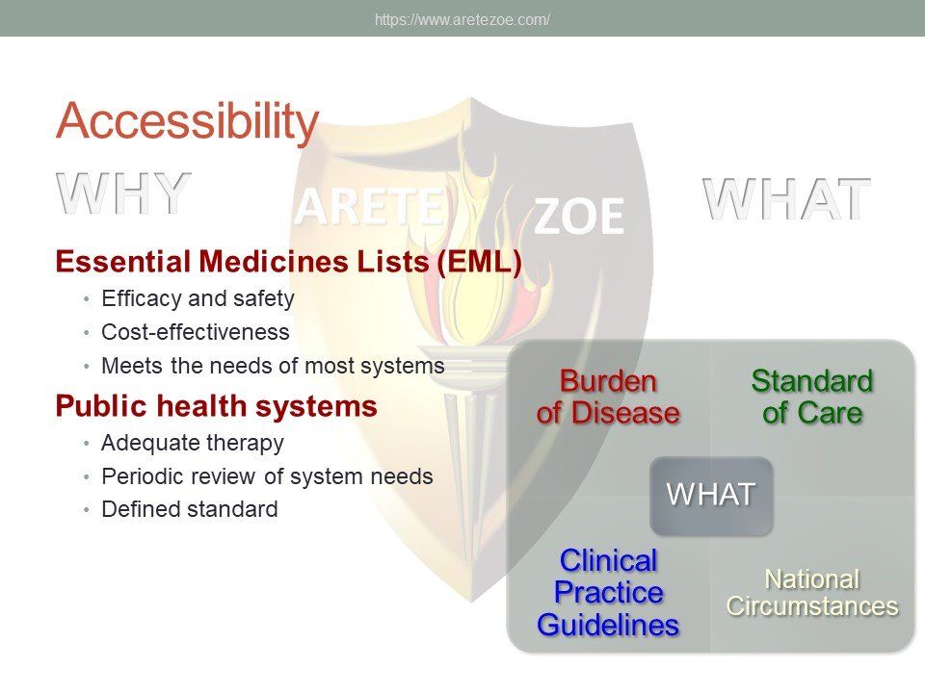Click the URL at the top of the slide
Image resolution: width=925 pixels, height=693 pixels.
click(x=462, y=20)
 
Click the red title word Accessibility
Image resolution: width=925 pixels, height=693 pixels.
click(x=188, y=121)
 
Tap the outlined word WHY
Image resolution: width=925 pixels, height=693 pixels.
click(x=124, y=193)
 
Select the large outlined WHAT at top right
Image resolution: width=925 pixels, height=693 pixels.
click(x=786, y=199)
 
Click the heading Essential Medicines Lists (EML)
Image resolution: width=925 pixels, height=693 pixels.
click(x=288, y=262)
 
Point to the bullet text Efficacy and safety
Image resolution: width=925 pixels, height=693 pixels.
click(x=198, y=298)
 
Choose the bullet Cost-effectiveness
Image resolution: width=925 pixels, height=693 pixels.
click(x=196, y=332)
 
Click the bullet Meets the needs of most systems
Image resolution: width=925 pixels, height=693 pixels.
click(x=273, y=366)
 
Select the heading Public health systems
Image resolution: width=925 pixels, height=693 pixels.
click(x=217, y=406)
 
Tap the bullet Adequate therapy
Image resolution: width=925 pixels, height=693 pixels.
click(x=193, y=443)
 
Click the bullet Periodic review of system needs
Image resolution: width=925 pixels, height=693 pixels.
click(x=267, y=476)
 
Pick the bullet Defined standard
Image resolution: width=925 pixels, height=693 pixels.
click(x=190, y=509)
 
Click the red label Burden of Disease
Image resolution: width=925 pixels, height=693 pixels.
click(x=608, y=397)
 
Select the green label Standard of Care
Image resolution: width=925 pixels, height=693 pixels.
click(x=812, y=397)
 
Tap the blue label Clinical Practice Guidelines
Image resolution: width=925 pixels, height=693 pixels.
click(x=608, y=592)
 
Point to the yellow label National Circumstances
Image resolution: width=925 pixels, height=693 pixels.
click(x=812, y=593)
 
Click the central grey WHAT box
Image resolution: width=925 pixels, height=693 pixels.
click(x=711, y=496)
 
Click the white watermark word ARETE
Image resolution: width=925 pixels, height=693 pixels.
click(x=369, y=207)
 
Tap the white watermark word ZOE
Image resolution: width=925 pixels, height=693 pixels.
click(x=579, y=217)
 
